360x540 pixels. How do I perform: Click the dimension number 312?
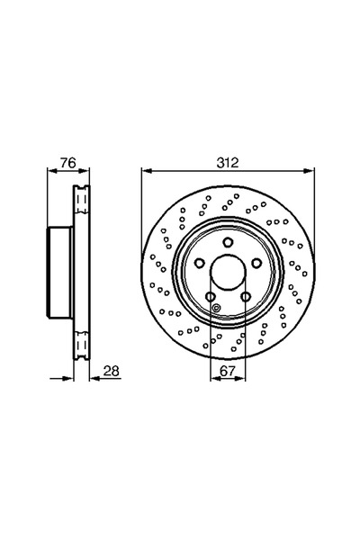pyautogui.click(x=228, y=163)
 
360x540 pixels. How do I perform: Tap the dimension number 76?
pyautogui.click(x=67, y=163)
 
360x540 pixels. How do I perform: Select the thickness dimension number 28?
pyautogui.click(x=111, y=371)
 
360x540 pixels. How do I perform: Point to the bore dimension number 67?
pyautogui.click(x=228, y=371)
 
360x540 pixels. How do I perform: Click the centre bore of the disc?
pyautogui.click(x=228, y=272)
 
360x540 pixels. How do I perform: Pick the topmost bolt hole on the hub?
pyautogui.click(x=228, y=242)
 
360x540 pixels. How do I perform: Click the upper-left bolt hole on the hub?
pyautogui.click(x=199, y=263)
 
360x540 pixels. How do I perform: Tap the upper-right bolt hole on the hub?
pyautogui.click(x=256, y=263)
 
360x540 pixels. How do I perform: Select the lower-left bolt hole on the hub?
pyautogui.click(x=210, y=296)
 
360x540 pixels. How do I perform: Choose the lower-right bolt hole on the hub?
pyautogui.click(x=246, y=296)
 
